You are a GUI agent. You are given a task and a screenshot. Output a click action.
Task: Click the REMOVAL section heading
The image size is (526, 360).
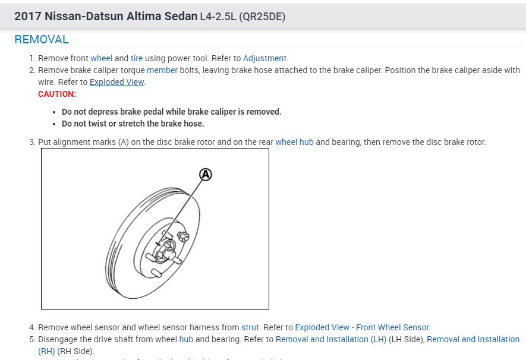[x=42, y=40]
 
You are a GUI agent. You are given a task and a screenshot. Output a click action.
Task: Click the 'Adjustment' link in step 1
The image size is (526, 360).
[x=265, y=58]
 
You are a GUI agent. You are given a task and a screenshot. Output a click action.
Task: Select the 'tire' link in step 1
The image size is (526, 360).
[x=137, y=58]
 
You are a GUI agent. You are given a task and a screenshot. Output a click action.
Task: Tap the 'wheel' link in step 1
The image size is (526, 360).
[x=101, y=58]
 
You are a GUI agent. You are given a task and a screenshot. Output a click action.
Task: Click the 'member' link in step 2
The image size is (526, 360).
[x=162, y=70]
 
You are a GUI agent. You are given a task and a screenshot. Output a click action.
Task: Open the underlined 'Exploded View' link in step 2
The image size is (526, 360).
[x=116, y=82]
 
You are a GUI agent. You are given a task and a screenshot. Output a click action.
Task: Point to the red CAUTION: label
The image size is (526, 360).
[x=57, y=94]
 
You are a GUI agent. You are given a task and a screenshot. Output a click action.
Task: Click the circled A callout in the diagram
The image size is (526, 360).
[x=205, y=174]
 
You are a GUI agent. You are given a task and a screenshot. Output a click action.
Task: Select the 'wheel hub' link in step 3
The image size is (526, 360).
[x=294, y=143]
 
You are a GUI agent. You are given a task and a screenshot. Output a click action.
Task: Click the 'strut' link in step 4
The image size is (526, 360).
[x=250, y=327]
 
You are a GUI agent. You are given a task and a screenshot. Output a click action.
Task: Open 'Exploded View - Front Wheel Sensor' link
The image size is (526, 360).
[x=362, y=327]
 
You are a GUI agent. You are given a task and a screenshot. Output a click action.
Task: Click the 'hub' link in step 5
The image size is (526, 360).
[x=186, y=339]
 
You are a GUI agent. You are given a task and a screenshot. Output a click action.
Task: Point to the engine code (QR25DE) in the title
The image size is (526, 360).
[x=262, y=17]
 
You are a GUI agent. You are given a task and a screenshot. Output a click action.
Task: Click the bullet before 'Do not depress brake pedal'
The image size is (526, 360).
[x=55, y=112]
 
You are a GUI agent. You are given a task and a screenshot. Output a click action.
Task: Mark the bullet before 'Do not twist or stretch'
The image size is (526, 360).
[x=55, y=124]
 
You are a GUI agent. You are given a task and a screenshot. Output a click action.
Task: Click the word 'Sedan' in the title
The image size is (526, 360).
[x=182, y=17]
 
